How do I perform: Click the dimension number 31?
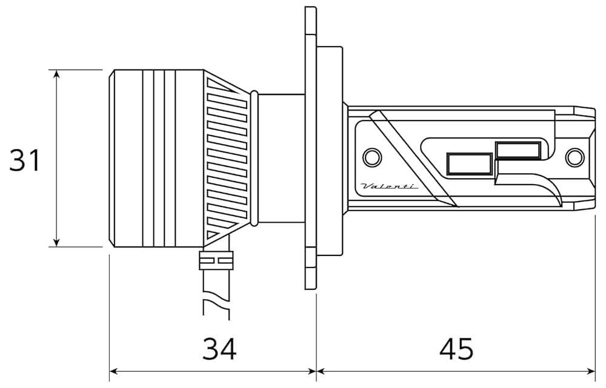(x=25, y=160)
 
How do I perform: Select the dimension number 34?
(x=219, y=349)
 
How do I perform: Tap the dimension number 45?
(x=456, y=349)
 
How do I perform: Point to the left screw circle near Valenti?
(x=371, y=157)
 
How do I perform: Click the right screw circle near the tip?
(x=573, y=157)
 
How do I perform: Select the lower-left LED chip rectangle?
(x=469, y=164)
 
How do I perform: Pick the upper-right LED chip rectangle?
(x=518, y=150)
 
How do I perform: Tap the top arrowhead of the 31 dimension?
(x=56, y=74)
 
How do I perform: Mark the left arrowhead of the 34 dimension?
(x=114, y=370)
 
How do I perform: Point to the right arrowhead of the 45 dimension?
(x=591, y=370)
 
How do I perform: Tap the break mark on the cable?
(x=216, y=301)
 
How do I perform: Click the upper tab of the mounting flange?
(x=310, y=24)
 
